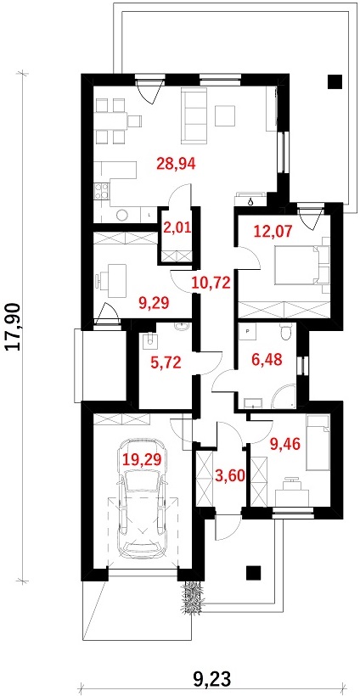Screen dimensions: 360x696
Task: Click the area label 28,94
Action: [x=177, y=164]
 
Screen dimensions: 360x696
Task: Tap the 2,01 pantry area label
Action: [x=177, y=229]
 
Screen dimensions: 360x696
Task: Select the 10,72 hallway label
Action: [x=211, y=283]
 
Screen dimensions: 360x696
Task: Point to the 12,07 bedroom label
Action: [x=273, y=231]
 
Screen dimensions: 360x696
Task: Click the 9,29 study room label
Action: [x=155, y=304]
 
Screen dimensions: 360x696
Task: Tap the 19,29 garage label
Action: [x=142, y=460]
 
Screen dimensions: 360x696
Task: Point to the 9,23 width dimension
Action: [x=212, y=678]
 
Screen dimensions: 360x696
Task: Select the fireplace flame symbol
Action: [x=251, y=201]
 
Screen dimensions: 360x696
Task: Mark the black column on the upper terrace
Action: [x=335, y=81]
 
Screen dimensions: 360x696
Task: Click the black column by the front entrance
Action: [x=253, y=573]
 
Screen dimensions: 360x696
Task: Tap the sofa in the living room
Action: [x=194, y=115]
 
